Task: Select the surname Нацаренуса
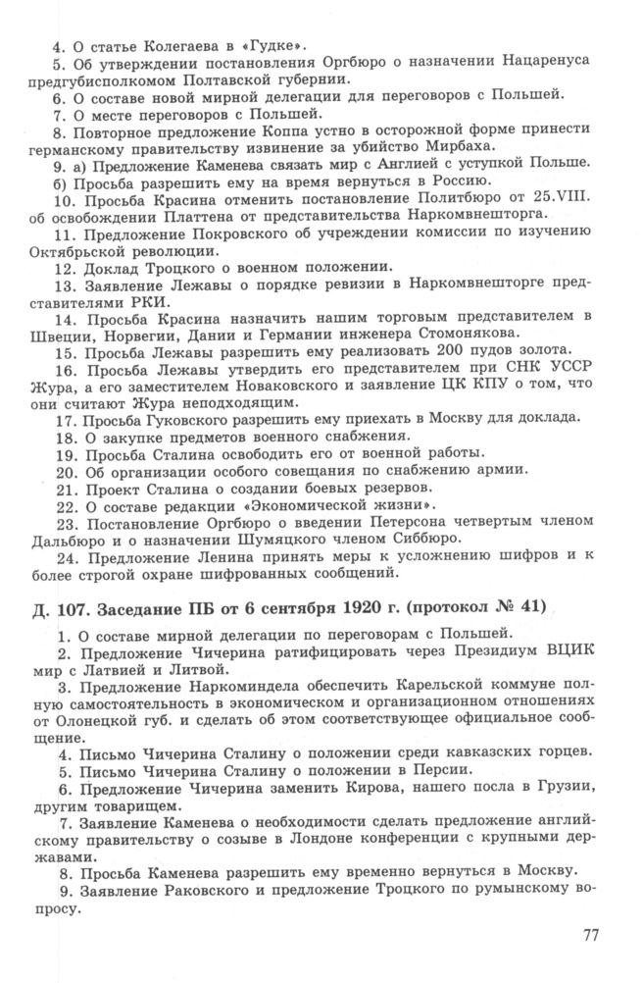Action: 544,62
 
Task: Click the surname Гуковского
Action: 183,418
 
